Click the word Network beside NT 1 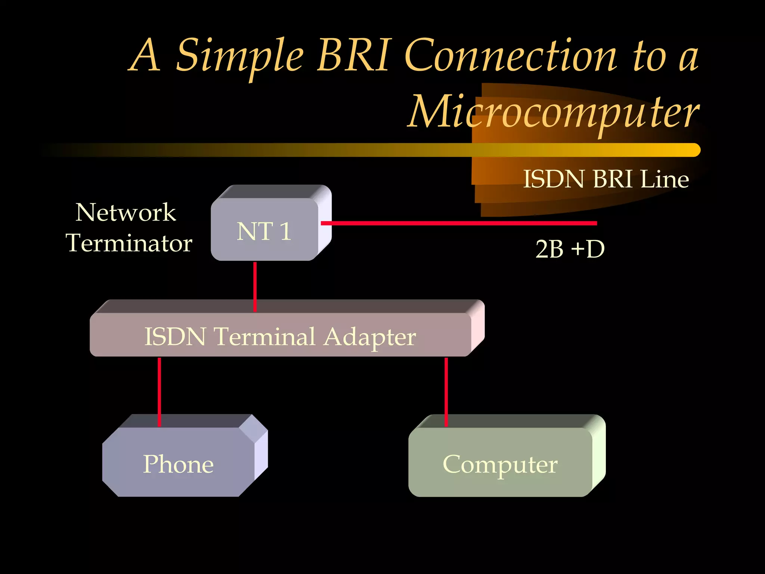coord(126,212)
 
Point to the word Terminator coord(129,243)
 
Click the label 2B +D coord(570,249)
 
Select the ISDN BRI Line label coord(606,179)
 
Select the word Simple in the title coord(239,56)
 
